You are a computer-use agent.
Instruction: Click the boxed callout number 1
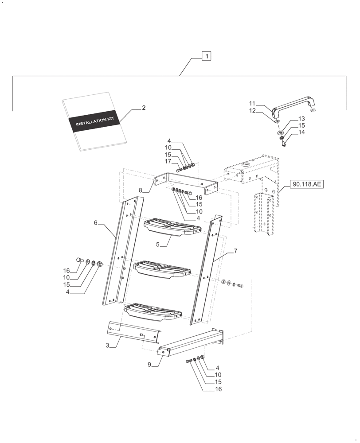(206, 56)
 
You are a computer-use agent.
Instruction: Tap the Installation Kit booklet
(94, 137)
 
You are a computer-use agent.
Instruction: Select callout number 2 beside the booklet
(144, 108)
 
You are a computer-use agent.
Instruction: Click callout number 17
(168, 161)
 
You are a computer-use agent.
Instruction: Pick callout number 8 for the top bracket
(141, 190)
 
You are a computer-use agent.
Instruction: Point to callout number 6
(95, 223)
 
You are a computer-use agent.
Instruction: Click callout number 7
(235, 251)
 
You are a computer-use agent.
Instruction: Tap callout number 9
(149, 365)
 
